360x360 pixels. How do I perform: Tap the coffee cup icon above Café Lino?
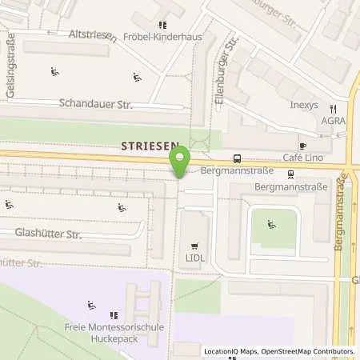[302, 146]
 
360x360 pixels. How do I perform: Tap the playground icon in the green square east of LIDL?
[270, 225]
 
